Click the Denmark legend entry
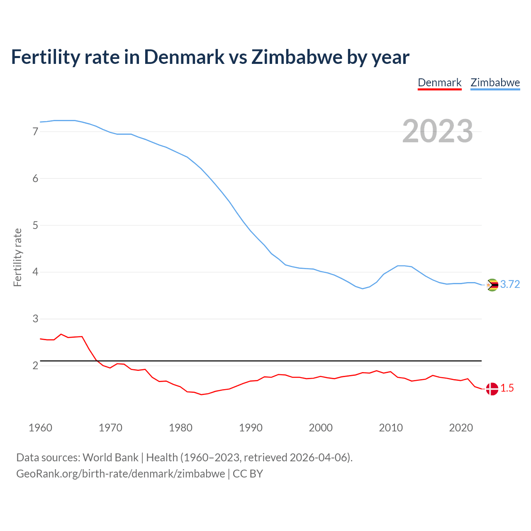439,83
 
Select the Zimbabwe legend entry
495,83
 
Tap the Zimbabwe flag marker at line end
492,285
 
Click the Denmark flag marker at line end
492,389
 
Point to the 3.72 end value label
510,284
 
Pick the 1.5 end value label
507,388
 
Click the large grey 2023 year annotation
438,131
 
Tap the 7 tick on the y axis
35,132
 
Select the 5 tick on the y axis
35,225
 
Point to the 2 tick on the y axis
35,365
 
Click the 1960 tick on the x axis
40,428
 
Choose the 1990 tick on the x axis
251,428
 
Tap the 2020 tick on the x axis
461,428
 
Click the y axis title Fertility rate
17,257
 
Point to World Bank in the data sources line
110,458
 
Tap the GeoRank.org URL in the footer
120,474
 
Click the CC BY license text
248,474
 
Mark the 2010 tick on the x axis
391,428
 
